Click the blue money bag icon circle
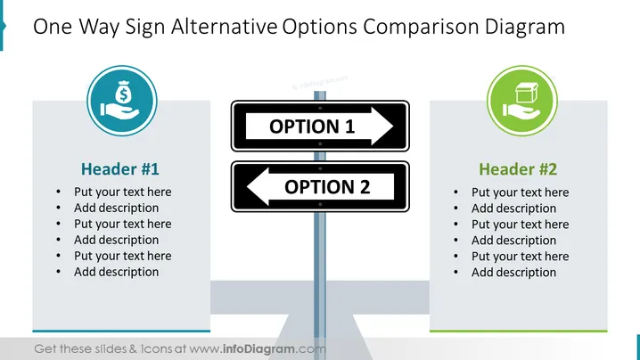122,101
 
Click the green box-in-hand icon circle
522,101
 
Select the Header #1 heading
120,169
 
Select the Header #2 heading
518,169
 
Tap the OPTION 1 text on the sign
312,127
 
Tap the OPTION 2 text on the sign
327,187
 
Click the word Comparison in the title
421,27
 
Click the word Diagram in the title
525,27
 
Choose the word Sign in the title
145,27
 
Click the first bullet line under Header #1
122,192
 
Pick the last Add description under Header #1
117,272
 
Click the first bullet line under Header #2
520,192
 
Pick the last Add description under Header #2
514,273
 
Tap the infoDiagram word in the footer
258,349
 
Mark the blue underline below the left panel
121,331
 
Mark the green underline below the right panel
519,331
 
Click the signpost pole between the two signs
320,156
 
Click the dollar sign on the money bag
123,95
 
